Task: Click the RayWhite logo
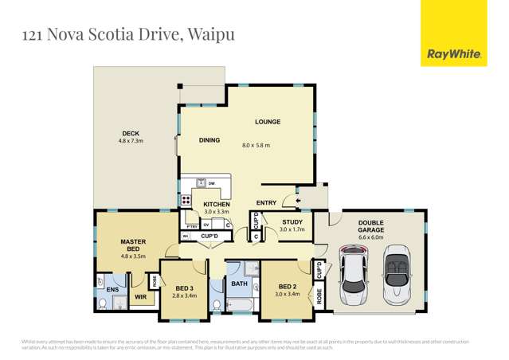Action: [x=454, y=54]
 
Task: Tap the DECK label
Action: [x=131, y=133]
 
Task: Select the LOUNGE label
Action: [x=267, y=122]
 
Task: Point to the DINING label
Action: [x=209, y=140]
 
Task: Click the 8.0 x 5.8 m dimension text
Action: [x=256, y=146]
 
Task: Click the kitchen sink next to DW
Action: [x=202, y=183]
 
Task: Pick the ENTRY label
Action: [x=266, y=203]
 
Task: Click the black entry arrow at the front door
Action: [x=298, y=201]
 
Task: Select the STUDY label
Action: [x=292, y=222]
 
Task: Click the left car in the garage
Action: [x=354, y=276]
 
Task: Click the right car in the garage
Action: [x=396, y=276]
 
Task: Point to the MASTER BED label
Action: [x=133, y=245]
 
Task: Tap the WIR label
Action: [x=140, y=297]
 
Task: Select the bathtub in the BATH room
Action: [x=240, y=305]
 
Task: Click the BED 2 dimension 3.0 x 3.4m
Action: [x=288, y=294]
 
